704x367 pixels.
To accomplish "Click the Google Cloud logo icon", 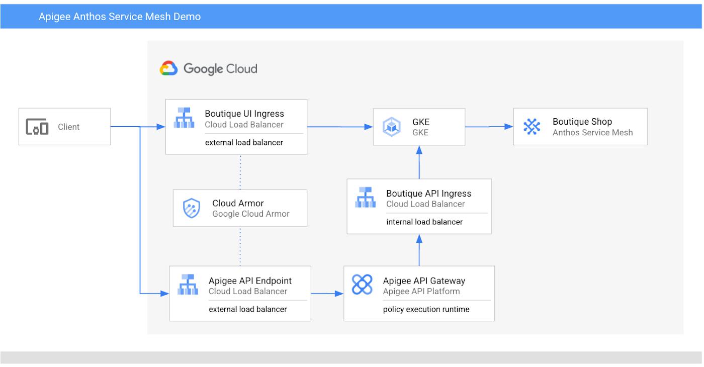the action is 168,68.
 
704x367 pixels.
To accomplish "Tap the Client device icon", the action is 37,127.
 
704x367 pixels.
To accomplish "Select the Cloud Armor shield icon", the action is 192,208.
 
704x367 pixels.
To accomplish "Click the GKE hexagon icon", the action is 392,127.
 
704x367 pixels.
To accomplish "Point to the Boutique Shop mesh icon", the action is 532,127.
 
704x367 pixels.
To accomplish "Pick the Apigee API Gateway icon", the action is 362,285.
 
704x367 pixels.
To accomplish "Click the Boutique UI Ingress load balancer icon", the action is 184,118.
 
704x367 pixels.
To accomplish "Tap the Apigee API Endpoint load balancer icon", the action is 188,285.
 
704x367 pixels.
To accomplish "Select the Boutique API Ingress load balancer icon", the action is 365,197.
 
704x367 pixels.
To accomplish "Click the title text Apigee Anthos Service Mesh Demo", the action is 120,16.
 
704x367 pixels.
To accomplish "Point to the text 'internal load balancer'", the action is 424,222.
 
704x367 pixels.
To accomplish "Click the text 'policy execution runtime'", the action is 426,309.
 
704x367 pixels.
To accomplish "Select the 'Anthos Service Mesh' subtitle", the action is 593,133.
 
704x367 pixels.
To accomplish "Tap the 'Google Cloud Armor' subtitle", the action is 251,214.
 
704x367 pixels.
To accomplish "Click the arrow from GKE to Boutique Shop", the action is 489,127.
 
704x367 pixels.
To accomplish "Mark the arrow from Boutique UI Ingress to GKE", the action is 340,127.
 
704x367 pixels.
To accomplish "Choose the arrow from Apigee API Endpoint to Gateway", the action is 327,294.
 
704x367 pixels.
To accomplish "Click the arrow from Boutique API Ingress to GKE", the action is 419,162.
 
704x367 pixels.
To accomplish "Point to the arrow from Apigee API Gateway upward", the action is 419,250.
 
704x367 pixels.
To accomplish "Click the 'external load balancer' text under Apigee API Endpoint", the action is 247,309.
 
